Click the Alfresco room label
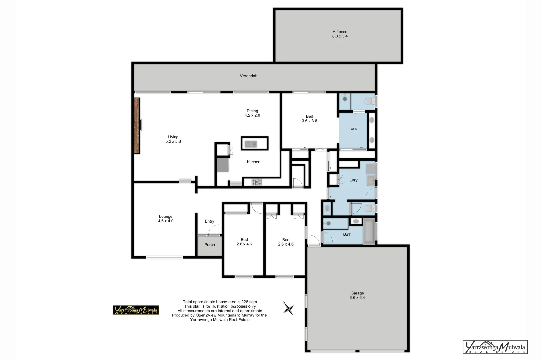pyautogui.click(x=340, y=34)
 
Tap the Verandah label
pyautogui.click(x=248, y=76)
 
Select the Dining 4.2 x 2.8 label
pyautogui.click(x=252, y=113)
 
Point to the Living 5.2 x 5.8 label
pyautogui.click(x=173, y=139)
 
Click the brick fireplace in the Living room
pyautogui.click(x=136, y=125)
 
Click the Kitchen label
pyautogui.click(x=253, y=162)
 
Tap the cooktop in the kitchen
pyautogui.click(x=257, y=182)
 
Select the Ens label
pyautogui.click(x=354, y=129)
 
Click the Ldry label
pyautogui.click(x=353, y=180)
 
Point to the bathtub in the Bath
pyautogui.click(x=369, y=232)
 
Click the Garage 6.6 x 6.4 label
pyautogui.click(x=357, y=296)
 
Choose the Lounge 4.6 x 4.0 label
pyautogui.click(x=166, y=219)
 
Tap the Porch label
pyautogui.click(x=210, y=245)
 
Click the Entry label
pyautogui.click(x=209, y=221)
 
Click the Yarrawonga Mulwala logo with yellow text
pyautogui.click(x=136, y=310)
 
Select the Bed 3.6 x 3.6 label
pyautogui.click(x=309, y=119)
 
